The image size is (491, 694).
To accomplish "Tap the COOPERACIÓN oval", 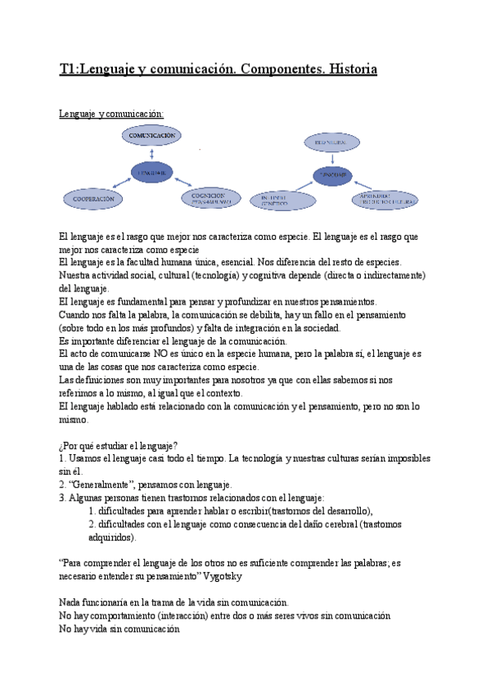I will [94, 198].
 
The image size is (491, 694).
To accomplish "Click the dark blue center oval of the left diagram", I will [153, 173].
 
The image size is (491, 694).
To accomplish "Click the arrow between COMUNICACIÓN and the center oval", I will [153, 153].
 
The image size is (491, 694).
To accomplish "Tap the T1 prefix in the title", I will [70, 70].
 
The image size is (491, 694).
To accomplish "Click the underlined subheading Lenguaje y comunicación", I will [112, 113].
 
